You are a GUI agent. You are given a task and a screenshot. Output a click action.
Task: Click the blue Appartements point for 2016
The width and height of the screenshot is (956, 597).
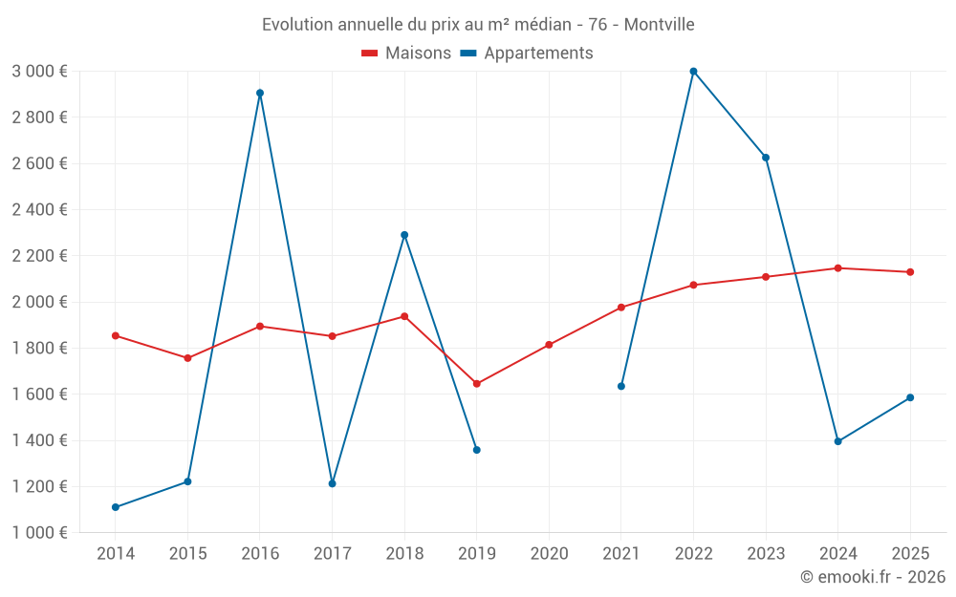pos(260,93)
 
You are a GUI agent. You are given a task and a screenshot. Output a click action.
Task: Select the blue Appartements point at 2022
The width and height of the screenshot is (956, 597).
pos(693,71)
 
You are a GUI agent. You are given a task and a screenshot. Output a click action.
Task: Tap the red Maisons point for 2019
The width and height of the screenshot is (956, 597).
pos(477,384)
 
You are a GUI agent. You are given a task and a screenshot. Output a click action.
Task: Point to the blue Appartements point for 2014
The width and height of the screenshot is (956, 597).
pos(116,507)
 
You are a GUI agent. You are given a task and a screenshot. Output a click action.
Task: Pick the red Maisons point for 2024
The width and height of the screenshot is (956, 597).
pos(837,268)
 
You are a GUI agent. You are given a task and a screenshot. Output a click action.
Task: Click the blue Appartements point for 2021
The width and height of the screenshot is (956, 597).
pos(621,386)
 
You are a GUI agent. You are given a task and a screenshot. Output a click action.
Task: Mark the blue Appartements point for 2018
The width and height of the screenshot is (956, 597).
pos(404,235)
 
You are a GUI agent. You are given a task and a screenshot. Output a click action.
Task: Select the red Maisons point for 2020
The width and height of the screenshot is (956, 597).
pos(549,345)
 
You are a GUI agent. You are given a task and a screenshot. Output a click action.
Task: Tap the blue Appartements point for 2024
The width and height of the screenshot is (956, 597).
pos(837,441)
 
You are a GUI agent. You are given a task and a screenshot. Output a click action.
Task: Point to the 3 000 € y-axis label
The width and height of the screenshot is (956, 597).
pos(39,72)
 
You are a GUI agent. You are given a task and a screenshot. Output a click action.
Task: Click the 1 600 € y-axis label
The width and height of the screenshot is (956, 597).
pos(39,394)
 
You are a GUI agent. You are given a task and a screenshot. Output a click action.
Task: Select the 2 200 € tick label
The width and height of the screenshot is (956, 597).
pos(39,256)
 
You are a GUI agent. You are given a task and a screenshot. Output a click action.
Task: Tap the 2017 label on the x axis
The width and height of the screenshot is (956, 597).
pos(332,553)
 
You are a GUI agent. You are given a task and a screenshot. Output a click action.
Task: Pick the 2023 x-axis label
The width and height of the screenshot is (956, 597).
pos(765,553)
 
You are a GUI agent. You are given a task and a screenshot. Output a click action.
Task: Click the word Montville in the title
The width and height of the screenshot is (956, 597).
pos(659,24)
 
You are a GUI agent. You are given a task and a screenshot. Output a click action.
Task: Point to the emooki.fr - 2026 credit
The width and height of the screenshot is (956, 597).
pos(872,577)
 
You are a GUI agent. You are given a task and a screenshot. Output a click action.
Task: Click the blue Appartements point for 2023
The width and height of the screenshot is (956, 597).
pos(766,158)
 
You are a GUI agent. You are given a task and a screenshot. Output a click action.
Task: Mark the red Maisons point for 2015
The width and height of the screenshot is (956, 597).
pos(187,358)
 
